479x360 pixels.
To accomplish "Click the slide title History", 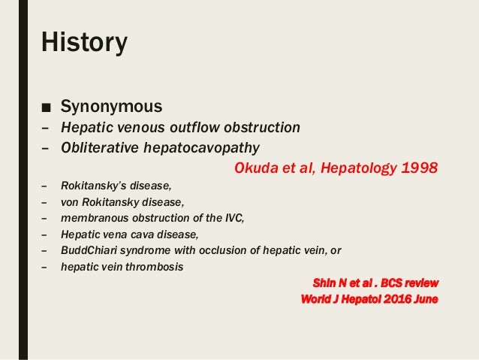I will pyautogui.click(x=85, y=42).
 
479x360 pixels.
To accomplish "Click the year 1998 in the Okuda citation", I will pyautogui.click(x=416, y=167).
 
